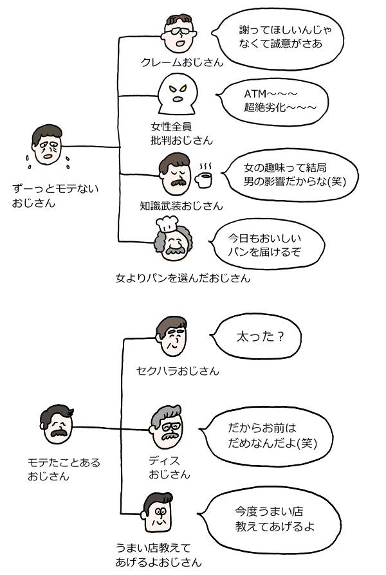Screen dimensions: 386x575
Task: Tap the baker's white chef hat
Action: pos(167,223)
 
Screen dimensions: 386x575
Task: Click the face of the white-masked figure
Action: pos(177,93)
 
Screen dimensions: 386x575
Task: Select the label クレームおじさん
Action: pos(182,62)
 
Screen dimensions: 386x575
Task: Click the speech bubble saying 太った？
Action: pos(256,337)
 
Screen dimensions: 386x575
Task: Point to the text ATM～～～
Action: pos(270,94)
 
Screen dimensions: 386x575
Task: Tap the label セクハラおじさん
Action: pos(178,370)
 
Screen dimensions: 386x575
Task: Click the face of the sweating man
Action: pos(46,145)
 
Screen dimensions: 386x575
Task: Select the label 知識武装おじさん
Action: pos(181,206)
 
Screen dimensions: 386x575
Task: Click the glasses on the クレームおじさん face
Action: pos(179,31)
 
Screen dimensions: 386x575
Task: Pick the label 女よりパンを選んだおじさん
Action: pos(183,278)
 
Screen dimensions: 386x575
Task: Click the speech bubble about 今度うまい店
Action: pos(270,519)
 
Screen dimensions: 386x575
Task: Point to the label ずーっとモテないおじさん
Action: pos(55,196)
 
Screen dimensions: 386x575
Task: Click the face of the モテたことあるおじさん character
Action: pos(57,424)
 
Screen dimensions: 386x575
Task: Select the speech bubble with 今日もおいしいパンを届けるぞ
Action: pos(267,245)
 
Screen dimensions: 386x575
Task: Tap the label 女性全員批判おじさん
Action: pos(181,134)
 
